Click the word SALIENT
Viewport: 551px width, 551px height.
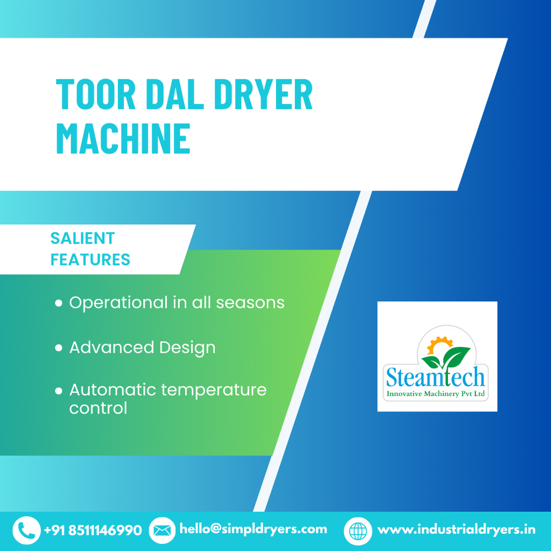(83, 238)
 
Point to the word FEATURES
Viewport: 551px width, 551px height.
(90, 259)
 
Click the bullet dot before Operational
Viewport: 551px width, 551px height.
(59, 303)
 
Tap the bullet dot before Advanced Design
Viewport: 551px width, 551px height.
(59, 348)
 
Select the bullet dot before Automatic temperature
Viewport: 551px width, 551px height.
(59, 391)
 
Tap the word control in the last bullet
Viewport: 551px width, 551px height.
(98, 408)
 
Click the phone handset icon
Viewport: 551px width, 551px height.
(26, 530)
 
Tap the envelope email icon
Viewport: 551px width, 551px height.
(162, 530)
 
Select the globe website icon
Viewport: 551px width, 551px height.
(358, 530)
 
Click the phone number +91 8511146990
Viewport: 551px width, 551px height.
(93, 530)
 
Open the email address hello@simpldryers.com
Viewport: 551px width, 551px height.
(253, 529)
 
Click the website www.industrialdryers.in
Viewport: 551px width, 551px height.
(456, 530)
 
